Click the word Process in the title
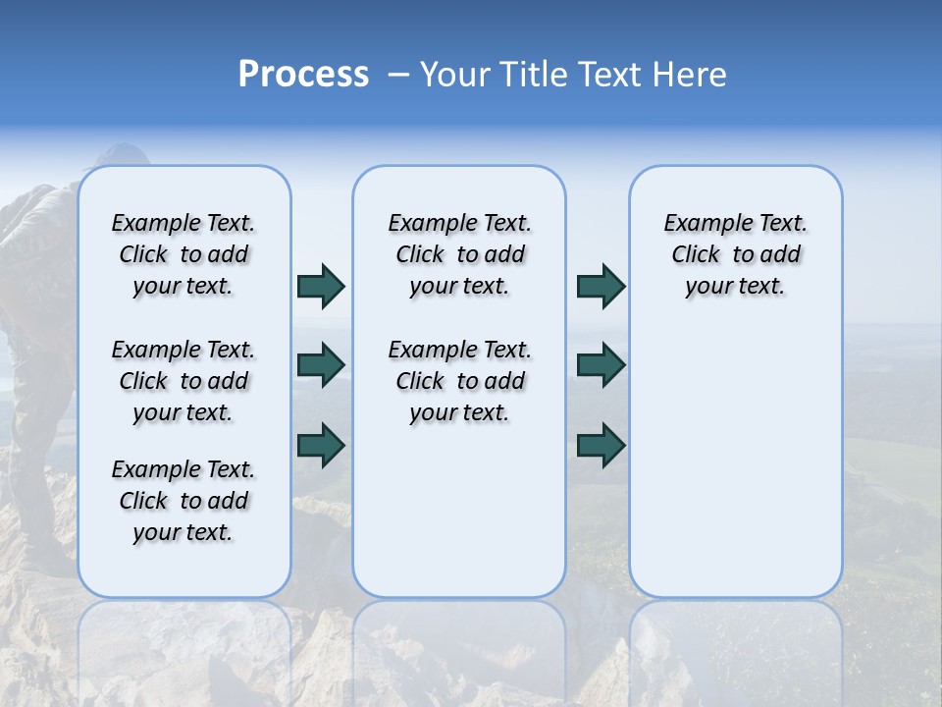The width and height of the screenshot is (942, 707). click(x=303, y=75)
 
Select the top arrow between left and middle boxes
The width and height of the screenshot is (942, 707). click(x=321, y=286)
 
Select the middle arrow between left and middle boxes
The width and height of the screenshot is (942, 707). click(x=321, y=365)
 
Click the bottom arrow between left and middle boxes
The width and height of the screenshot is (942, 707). click(x=321, y=445)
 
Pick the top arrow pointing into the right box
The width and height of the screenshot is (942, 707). click(x=601, y=286)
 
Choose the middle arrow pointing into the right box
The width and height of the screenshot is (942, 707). click(x=601, y=365)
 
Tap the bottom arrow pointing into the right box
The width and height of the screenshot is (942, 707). click(x=601, y=445)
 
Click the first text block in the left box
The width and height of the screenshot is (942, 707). click(x=183, y=254)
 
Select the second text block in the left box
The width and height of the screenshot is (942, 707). click(x=183, y=381)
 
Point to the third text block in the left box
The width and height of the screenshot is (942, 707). click(x=183, y=501)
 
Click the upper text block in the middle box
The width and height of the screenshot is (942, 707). click(x=459, y=254)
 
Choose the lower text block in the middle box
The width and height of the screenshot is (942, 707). click(x=459, y=381)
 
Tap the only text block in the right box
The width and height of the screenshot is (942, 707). click(x=735, y=254)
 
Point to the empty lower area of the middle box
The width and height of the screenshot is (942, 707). click(x=459, y=511)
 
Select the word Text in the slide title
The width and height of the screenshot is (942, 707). click(x=607, y=75)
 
